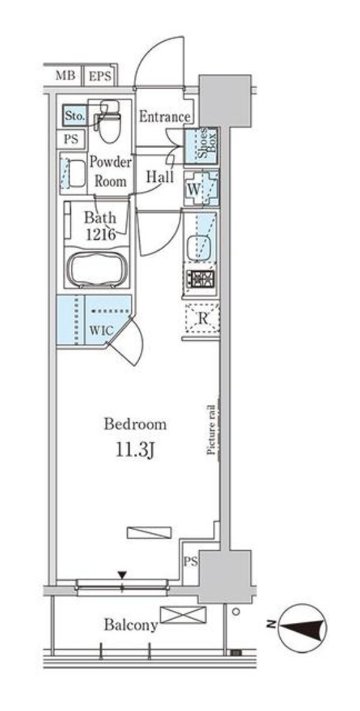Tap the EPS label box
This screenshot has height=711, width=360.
coord(100,75)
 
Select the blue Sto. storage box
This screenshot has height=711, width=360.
coord(74,116)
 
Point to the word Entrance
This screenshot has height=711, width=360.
coord(164,117)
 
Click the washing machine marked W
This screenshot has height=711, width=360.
coord(202,188)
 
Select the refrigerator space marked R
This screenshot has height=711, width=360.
coord(202,319)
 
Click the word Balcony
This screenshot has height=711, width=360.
coord(131,625)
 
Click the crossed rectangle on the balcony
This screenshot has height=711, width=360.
coord(183,615)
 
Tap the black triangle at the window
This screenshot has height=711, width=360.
coord(122,575)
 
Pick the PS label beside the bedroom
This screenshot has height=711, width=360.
coord(191,562)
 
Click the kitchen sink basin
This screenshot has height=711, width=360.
coord(199,248)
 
